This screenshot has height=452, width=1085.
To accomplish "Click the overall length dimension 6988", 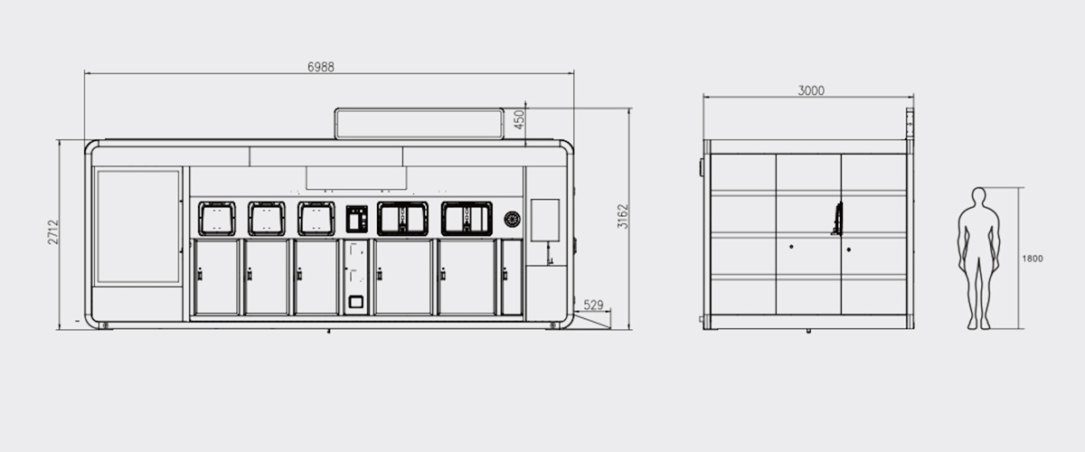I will tap(321, 67).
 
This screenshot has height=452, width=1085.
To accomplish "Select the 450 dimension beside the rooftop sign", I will tap(519, 120).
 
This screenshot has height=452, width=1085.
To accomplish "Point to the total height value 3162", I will tap(623, 216).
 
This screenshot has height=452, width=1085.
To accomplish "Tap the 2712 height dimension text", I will tap(53, 232).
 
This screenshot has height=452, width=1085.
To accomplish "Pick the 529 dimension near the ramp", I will tap(593, 306).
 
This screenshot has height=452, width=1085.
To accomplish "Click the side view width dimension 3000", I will tap(810, 90).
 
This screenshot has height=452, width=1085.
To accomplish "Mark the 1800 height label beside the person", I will tap(1032, 259).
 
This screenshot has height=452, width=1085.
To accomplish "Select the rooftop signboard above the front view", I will tap(419, 123).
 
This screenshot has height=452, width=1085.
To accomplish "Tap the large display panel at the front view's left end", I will tap(138, 226).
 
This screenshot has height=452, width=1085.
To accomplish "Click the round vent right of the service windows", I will tap(512, 219).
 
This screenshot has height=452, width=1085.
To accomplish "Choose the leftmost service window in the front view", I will tap(217, 219).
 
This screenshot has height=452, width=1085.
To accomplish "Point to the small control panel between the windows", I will tap(357, 219).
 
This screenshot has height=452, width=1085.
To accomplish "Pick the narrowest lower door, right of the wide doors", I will tap(512, 277).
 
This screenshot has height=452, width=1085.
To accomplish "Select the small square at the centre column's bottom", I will tap(357, 302).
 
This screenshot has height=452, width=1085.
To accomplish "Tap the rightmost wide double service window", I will tap(467, 219).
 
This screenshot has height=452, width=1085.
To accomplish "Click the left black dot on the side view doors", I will tap(791, 246).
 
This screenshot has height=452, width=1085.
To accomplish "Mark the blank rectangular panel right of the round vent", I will tap(545, 220).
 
